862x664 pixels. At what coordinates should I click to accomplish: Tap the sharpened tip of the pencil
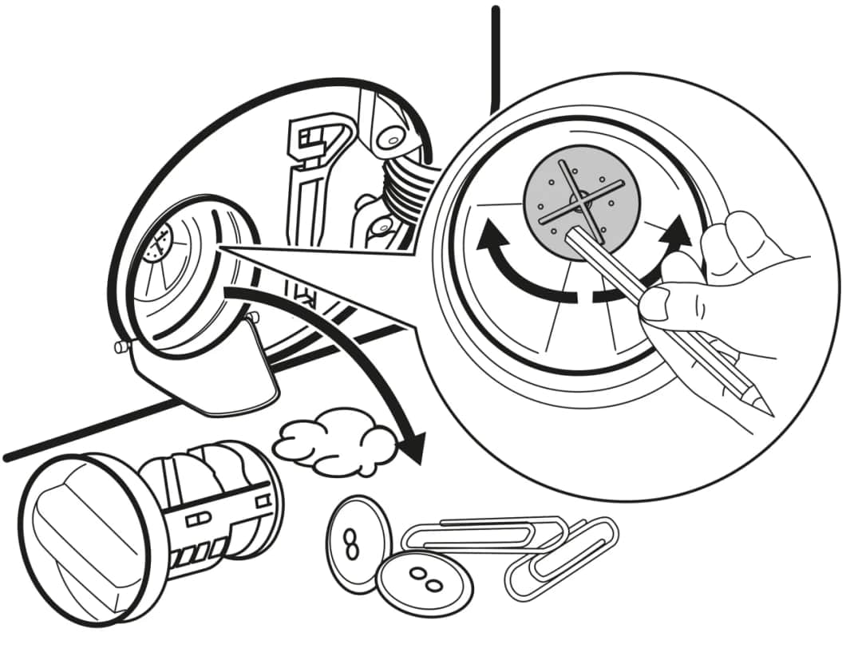769,410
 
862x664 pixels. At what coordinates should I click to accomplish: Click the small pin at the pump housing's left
120,347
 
